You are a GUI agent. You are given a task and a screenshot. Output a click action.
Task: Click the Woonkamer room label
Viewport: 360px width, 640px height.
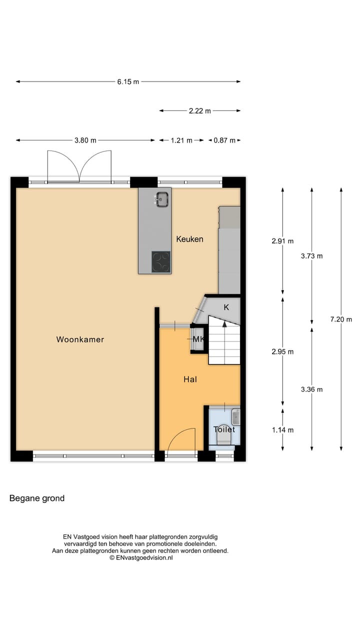(80, 339)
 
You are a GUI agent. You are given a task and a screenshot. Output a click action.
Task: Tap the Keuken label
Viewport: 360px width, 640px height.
(189, 239)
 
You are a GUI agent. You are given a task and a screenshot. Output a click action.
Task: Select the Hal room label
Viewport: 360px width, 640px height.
(190, 379)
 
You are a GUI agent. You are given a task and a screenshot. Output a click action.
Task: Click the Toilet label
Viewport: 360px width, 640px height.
(224, 429)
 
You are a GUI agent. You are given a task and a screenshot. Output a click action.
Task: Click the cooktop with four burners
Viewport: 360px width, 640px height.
(161, 261)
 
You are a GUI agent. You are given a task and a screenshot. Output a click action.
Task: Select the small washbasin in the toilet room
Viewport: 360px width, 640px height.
(236, 416)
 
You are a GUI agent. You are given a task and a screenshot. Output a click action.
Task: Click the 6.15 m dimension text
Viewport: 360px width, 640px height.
(128, 82)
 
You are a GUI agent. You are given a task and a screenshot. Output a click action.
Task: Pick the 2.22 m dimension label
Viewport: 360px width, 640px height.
(199, 111)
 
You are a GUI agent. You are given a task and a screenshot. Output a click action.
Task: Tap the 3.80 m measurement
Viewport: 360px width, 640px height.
(85, 140)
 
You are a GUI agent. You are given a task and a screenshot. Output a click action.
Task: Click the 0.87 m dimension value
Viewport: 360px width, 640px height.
(224, 140)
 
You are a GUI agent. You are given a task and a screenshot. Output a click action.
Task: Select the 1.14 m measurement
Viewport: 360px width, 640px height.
(282, 430)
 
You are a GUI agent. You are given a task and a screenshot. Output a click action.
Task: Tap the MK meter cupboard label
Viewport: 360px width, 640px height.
(198, 339)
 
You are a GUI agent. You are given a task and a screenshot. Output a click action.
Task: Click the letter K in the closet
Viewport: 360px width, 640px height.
(226, 307)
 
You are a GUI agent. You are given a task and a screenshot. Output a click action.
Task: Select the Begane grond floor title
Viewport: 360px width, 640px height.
(37, 498)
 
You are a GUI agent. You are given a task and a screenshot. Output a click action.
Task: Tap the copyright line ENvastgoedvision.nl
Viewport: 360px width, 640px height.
(141, 557)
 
